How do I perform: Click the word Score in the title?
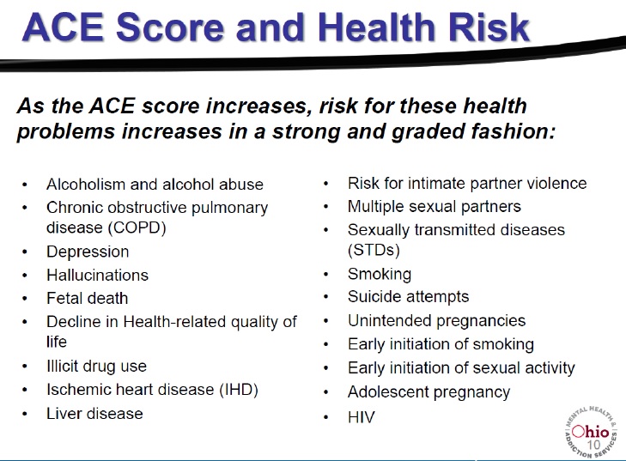170,27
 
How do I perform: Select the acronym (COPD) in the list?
137,227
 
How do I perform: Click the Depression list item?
88,252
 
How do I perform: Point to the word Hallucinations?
97,275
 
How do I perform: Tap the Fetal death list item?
87,298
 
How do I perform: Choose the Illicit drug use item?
97,366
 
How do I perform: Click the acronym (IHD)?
239,390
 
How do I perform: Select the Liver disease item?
94,414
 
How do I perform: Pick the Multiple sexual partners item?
435,207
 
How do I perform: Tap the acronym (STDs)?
374,251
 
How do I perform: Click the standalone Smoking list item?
380,274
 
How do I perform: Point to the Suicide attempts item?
409,297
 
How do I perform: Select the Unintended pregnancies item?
437,321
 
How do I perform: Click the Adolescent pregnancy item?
428,392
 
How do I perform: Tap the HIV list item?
362,417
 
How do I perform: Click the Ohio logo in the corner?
591,433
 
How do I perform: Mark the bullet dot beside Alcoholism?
25,185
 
